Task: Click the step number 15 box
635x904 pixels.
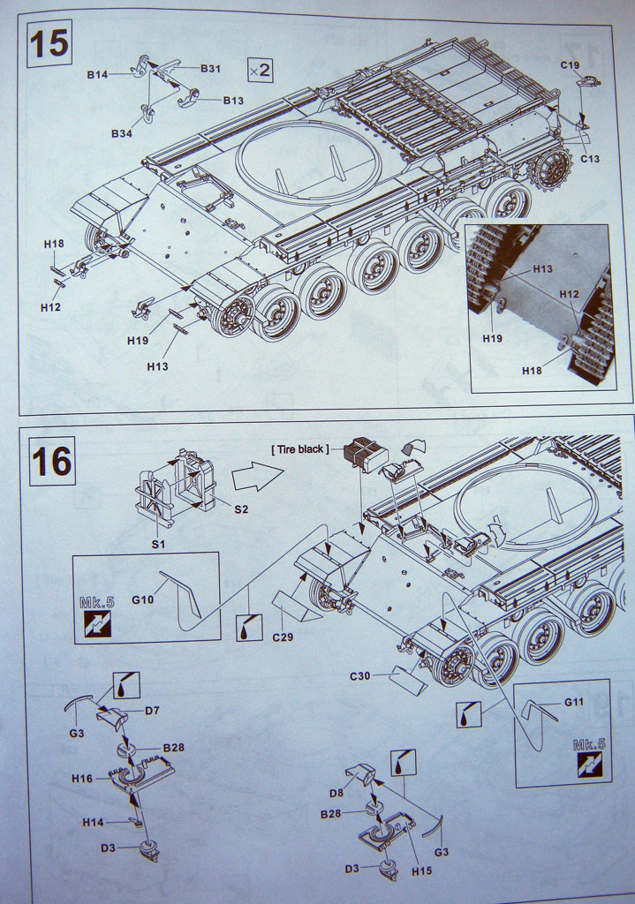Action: pyautogui.click(x=49, y=43)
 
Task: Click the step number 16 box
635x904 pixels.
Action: pyautogui.click(x=52, y=460)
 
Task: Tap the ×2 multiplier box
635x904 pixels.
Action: pyautogui.click(x=260, y=69)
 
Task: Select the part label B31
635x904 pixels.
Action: pyautogui.click(x=210, y=69)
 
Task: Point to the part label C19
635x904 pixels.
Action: pyautogui.click(x=570, y=65)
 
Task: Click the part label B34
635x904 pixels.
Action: pyautogui.click(x=122, y=133)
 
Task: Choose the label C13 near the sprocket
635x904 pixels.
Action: pyautogui.click(x=590, y=159)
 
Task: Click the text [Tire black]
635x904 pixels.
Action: pyautogui.click(x=299, y=449)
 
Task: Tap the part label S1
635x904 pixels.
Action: pyautogui.click(x=158, y=544)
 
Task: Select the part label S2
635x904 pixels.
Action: pyautogui.click(x=241, y=508)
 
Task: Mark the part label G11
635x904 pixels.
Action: pyautogui.click(x=574, y=702)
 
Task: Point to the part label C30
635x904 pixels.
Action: pyautogui.click(x=360, y=675)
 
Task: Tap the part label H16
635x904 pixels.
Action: pyautogui.click(x=82, y=779)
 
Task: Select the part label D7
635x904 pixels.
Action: pyautogui.click(x=152, y=711)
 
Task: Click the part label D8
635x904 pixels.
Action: pyautogui.click(x=336, y=792)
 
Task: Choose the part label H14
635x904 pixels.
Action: pyautogui.click(x=94, y=822)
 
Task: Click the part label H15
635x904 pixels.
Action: pyautogui.click(x=421, y=871)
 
